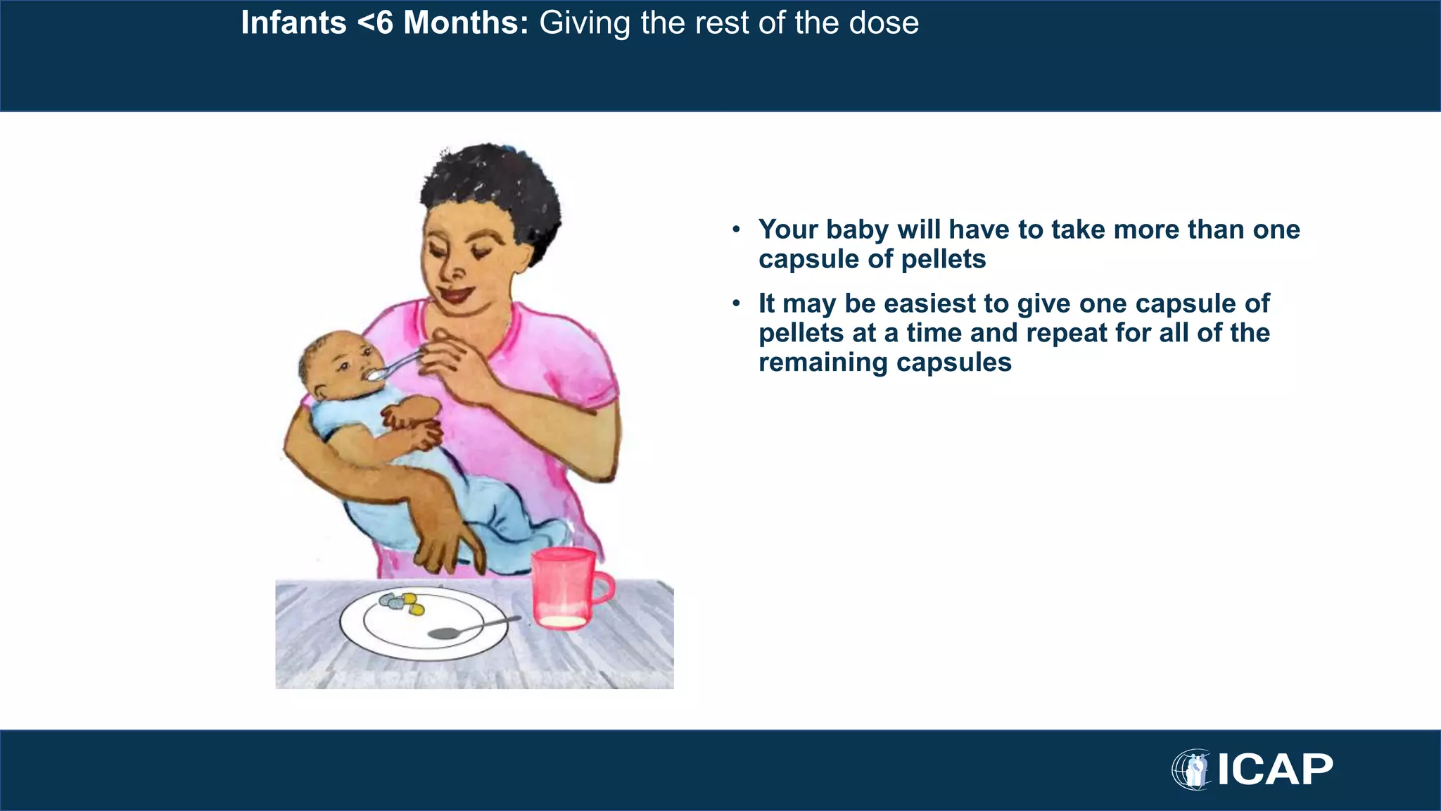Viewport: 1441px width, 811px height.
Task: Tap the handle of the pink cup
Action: (x=603, y=589)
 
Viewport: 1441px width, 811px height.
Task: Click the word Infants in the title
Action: (x=293, y=23)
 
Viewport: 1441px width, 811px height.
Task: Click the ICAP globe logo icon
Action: (x=1191, y=769)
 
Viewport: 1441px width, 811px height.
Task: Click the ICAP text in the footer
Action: (x=1275, y=769)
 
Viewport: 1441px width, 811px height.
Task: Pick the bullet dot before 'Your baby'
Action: (x=736, y=230)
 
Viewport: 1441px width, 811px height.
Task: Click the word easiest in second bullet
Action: (x=929, y=303)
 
